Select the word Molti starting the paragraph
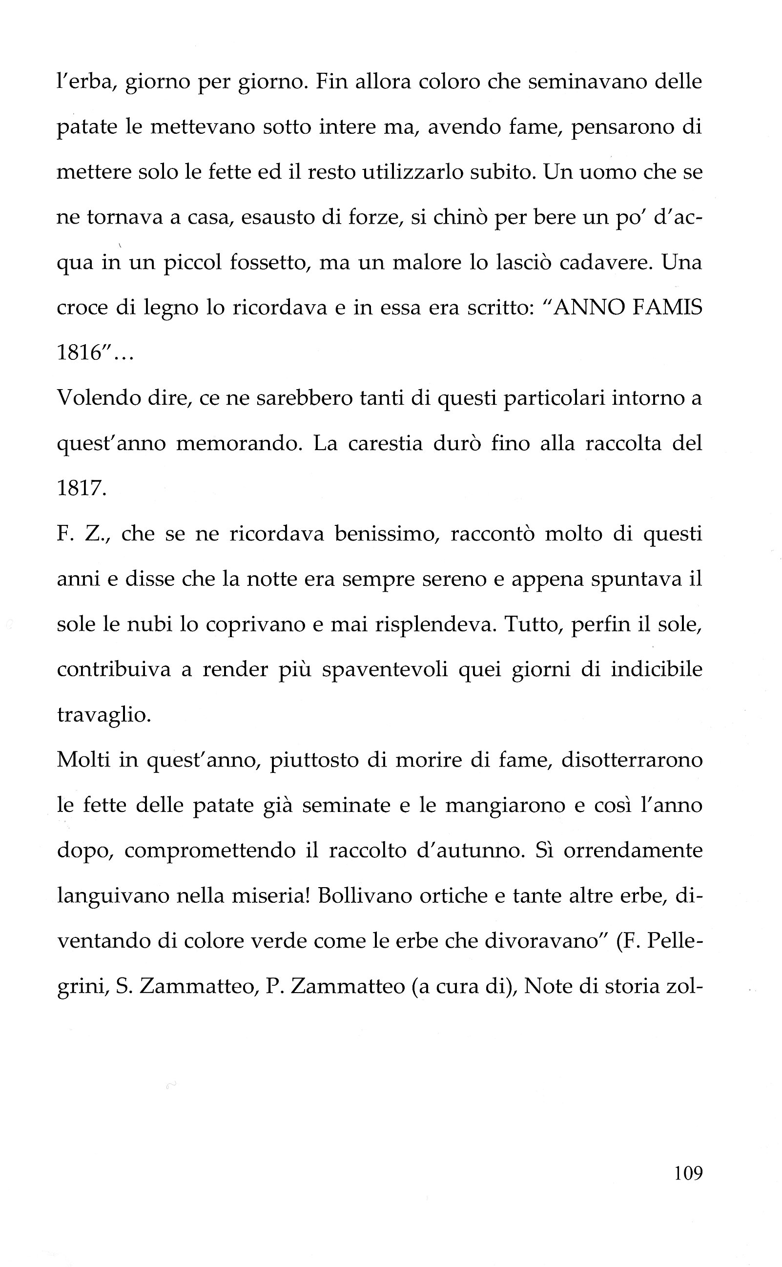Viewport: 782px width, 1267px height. coord(83,760)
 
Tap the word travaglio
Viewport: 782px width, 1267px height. coord(103,715)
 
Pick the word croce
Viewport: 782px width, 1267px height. coord(81,309)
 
